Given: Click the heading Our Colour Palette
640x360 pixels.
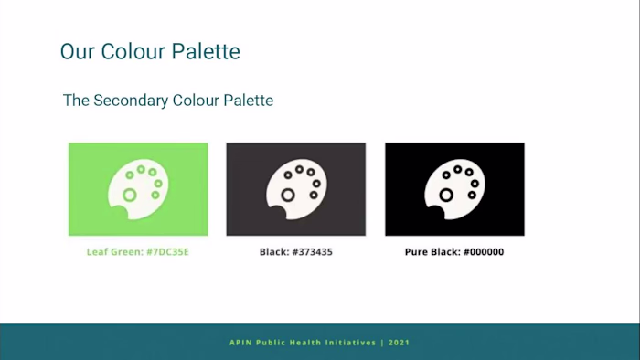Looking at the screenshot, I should coord(150,51).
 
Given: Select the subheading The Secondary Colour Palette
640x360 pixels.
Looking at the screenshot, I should coord(167,101).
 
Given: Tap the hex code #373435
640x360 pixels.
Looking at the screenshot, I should coord(314,251).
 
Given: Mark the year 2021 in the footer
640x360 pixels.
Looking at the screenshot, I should coord(399,343).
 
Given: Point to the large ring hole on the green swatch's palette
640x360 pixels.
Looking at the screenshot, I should coord(129,195).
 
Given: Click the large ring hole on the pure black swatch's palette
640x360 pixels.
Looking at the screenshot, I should coord(445,195).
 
